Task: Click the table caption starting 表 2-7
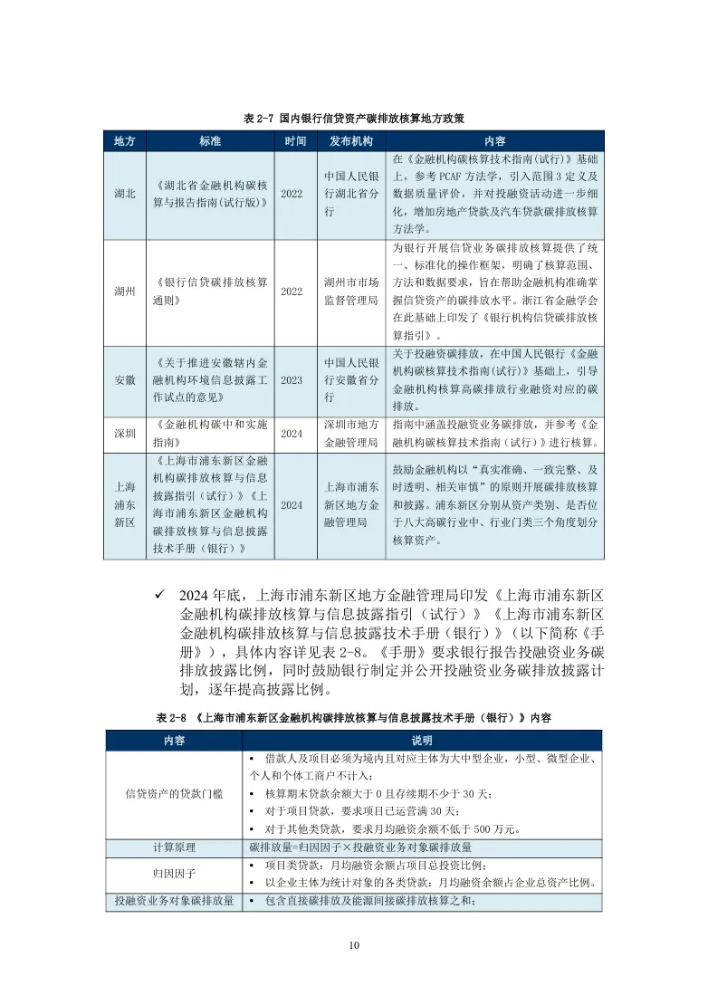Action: point(354,119)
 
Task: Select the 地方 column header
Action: point(125,142)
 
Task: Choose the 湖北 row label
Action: point(125,194)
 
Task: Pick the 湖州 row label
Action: point(125,292)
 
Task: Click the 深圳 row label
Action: point(125,434)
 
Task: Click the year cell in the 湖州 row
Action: point(292,292)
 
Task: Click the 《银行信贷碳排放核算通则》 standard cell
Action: point(211,292)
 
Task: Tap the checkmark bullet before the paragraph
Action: point(159,595)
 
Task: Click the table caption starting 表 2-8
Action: point(354,717)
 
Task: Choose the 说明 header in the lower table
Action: point(422,740)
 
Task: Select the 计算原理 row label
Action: point(174,848)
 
